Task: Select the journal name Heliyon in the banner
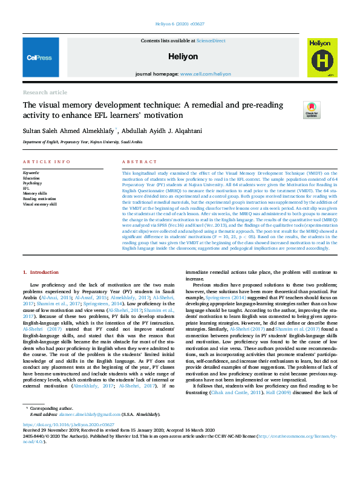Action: pyautogui.click(x=180, y=56)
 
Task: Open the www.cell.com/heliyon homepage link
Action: pyautogui.click(x=206, y=74)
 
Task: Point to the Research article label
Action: pyautogui.click(x=45, y=92)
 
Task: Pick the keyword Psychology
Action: pyautogui.click(x=33, y=184)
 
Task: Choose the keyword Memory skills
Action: pyautogui.click(x=35, y=193)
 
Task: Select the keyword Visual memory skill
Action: pyautogui.click(x=40, y=204)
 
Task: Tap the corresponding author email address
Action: pyautogui.click(x=85, y=415)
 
